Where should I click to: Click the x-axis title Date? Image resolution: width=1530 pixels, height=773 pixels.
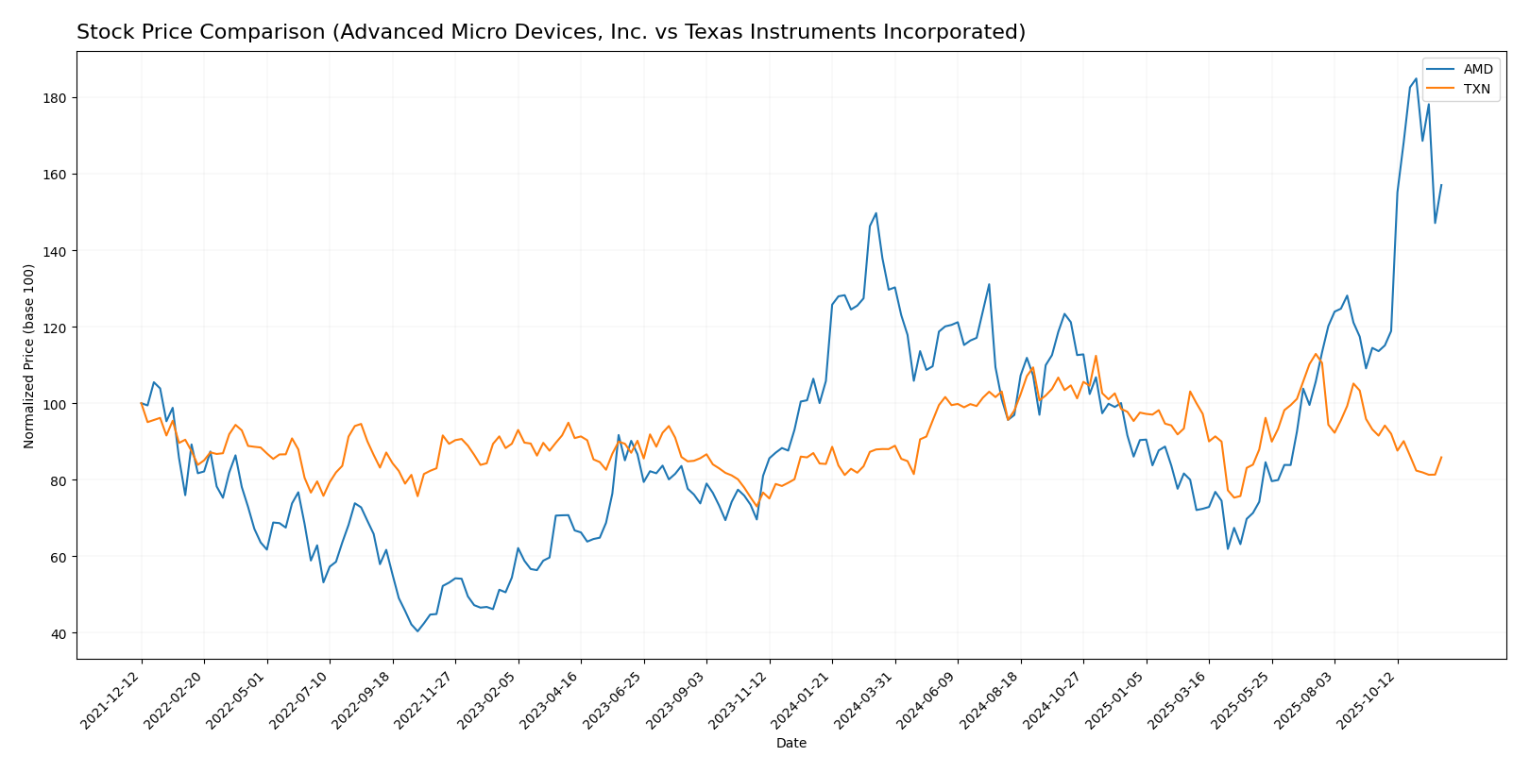[x=791, y=744]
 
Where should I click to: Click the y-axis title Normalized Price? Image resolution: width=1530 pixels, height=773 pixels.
[x=29, y=356]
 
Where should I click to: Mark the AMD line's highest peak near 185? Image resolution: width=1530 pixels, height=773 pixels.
[x=1416, y=78]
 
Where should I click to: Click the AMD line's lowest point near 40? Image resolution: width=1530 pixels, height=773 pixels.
[x=417, y=631]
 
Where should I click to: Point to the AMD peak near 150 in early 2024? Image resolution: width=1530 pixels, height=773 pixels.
[x=875, y=213]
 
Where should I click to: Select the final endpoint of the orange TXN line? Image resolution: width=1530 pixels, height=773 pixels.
[x=1441, y=458]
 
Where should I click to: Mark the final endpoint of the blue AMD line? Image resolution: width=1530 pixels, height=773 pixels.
[x=1441, y=185]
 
